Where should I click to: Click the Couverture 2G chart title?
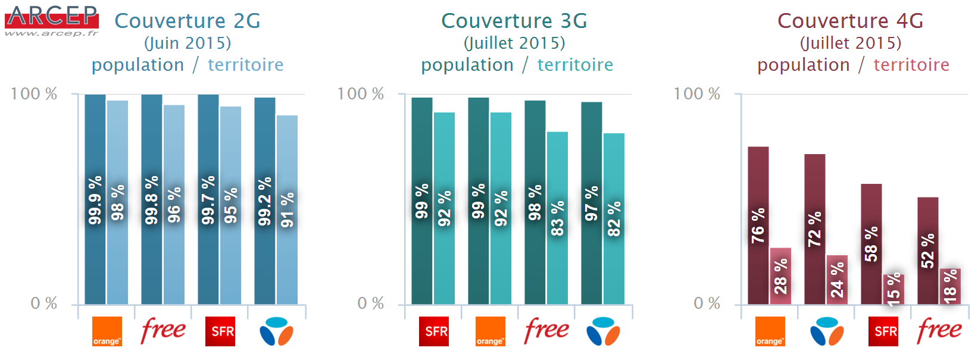(188, 21)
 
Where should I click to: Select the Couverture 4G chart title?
(850, 21)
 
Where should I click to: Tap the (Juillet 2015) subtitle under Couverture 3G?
(514, 43)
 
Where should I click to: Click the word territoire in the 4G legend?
(911, 65)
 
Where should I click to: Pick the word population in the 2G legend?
(138, 65)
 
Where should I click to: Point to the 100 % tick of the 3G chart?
(360, 93)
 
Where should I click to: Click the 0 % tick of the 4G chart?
(707, 303)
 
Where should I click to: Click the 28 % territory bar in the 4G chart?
(780, 276)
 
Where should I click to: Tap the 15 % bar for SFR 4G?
(893, 289)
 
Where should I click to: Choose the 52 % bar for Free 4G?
(927, 251)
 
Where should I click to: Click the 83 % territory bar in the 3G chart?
(557, 218)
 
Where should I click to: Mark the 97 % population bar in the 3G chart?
(591, 203)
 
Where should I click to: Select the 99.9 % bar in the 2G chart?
(95, 199)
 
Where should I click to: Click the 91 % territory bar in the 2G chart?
(287, 209)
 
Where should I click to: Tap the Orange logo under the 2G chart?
(107, 331)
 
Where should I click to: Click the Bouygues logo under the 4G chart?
(826, 331)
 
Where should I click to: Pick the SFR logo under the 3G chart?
(434, 331)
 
